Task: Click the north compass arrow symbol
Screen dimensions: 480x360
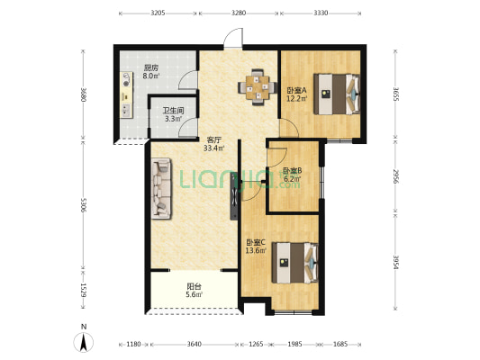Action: (83, 342)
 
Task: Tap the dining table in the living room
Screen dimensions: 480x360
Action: (258, 87)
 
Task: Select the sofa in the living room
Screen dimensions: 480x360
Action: (161, 188)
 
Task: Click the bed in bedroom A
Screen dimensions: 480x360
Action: (337, 94)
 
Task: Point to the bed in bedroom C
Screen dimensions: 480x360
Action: (294, 263)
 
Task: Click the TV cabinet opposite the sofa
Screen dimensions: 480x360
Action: (234, 196)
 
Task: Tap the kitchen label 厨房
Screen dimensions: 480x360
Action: (151, 67)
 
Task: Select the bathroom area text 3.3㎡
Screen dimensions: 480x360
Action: (174, 119)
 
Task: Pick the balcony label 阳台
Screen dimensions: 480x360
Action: (195, 286)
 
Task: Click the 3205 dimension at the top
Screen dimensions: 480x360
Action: (158, 13)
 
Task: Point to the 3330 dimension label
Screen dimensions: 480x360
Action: (321, 13)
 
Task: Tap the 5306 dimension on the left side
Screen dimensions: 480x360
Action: (83, 205)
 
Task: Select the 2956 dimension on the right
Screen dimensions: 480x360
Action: (395, 176)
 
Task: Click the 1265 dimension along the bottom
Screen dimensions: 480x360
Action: (256, 344)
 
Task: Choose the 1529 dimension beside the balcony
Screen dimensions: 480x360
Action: (83, 290)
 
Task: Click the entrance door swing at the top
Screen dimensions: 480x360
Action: (233, 38)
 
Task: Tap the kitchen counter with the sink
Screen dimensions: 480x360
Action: (126, 94)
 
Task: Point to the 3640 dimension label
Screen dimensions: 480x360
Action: (195, 344)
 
